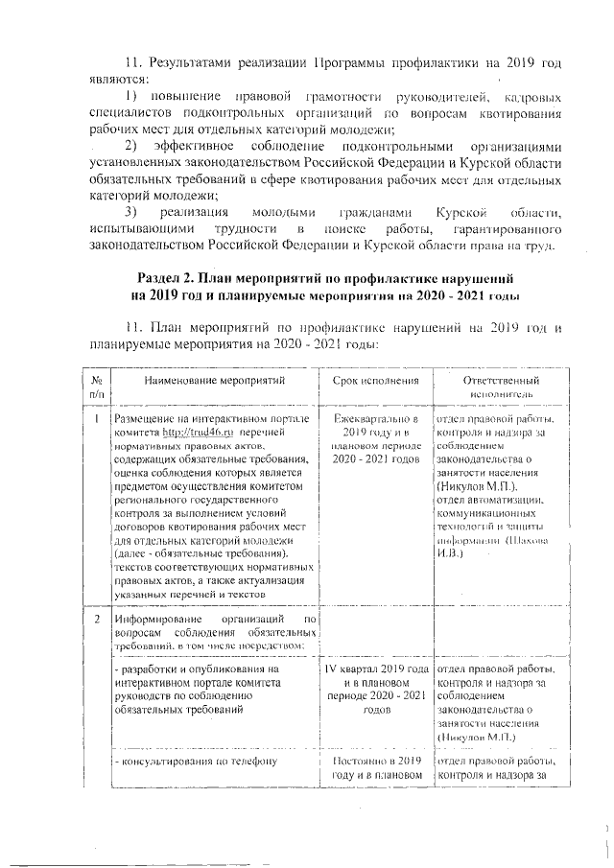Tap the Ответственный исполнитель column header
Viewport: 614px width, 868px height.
(496, 387)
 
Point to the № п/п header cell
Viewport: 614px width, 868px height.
(97, 387)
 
